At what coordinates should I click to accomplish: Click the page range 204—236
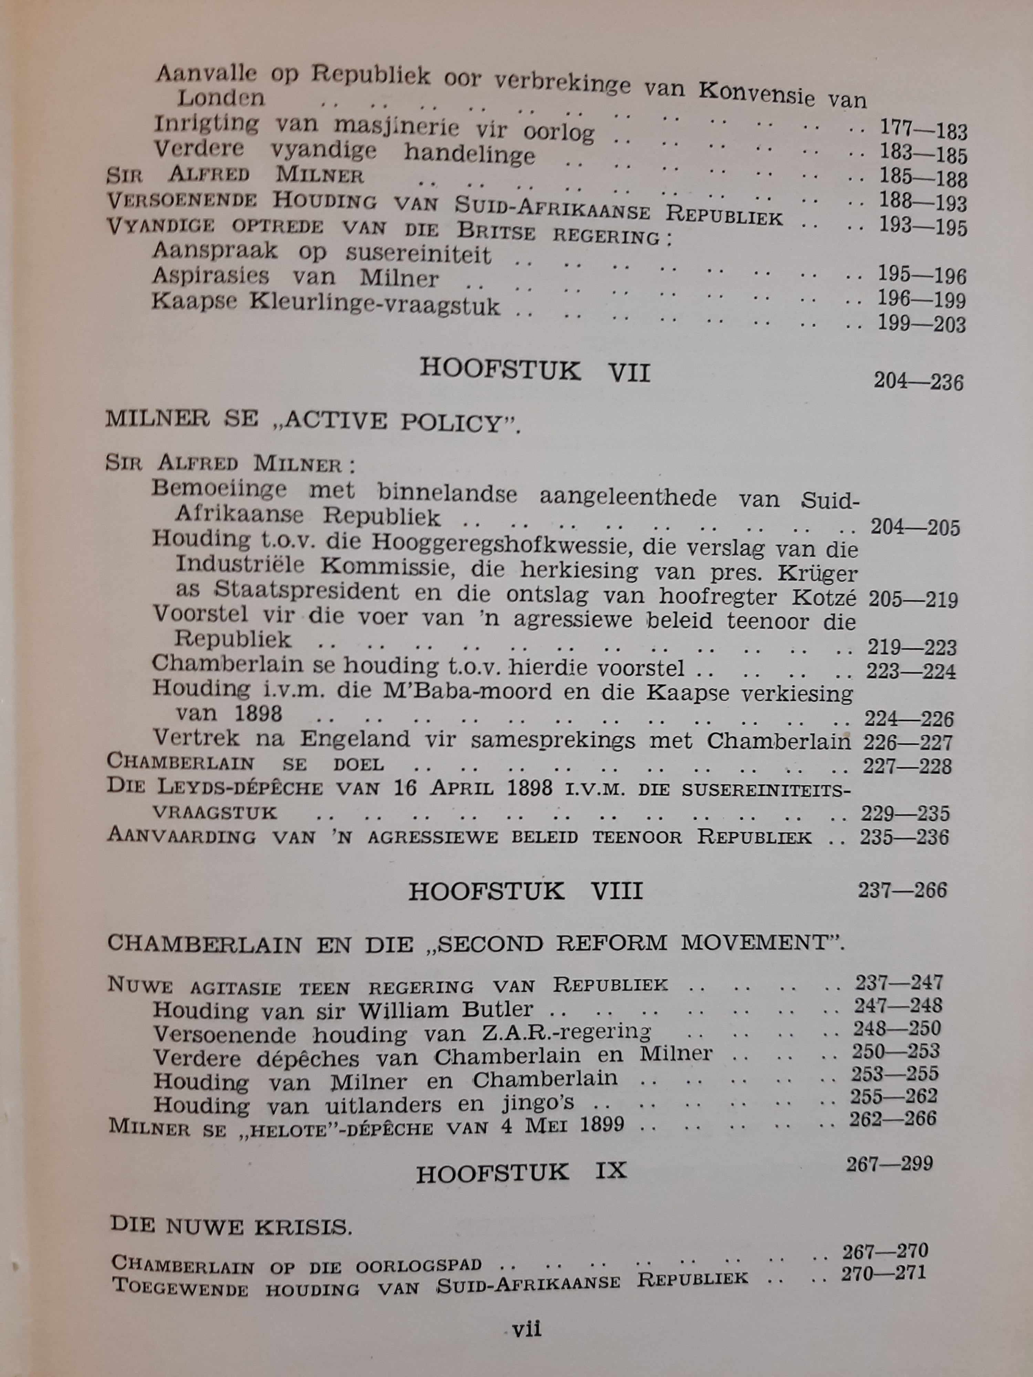(918, 381)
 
